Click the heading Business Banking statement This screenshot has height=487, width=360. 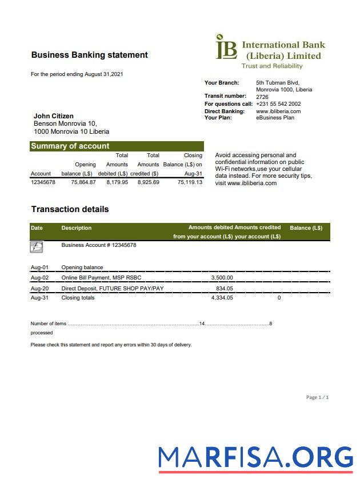pos(89,55)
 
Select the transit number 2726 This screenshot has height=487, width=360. pos(262,97)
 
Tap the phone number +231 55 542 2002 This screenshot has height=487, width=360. pos(278,104)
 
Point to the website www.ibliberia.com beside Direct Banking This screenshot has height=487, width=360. pos(278,111)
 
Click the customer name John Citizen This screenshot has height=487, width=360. pos(54,116)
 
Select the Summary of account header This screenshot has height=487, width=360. pos(70,146)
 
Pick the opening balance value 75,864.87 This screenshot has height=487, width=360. pos(83,182)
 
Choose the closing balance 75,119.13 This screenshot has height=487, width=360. pos(190,182)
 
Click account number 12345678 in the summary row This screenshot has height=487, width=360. pos(43,182)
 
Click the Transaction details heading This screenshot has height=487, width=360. pos(70,209)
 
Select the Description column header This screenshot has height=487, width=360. pos(76,228)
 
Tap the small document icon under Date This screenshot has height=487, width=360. pos(37,247)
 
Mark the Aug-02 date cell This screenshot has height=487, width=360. pos(39,278)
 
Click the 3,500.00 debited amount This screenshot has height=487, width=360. pos(222,278)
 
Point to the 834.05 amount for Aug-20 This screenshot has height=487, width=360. pos(224,289)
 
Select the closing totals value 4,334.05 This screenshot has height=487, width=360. pos(222,298)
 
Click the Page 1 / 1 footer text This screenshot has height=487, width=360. pos(317,397)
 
